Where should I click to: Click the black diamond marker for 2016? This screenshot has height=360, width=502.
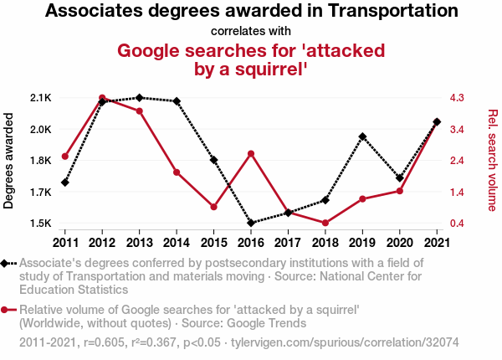[x=250, y=223]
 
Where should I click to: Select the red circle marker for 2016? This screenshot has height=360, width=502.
[x=250, y=153]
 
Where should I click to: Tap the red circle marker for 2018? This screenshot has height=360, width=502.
[x=325, y=223]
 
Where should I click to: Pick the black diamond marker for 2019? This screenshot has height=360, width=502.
[x=362, y=136]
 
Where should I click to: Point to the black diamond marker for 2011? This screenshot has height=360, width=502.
[x=65, y=183]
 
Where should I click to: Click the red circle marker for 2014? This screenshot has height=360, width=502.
[x=177, y=172]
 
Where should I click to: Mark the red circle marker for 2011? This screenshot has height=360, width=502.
[x=65, y=157]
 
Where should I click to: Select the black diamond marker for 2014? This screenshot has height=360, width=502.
[x=177, y=101]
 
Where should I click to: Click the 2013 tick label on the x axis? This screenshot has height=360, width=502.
[x=139, y=243]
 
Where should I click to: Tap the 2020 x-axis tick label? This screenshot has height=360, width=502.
[x=399, y=243]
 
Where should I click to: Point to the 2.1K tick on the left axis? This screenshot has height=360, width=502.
[x=40, y=98]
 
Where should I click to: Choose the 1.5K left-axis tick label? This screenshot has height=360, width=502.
[x=40, y=224]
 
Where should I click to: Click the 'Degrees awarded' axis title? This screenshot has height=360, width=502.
[x=9, y=161]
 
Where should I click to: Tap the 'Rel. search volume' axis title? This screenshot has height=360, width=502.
[x=492, y=161]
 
